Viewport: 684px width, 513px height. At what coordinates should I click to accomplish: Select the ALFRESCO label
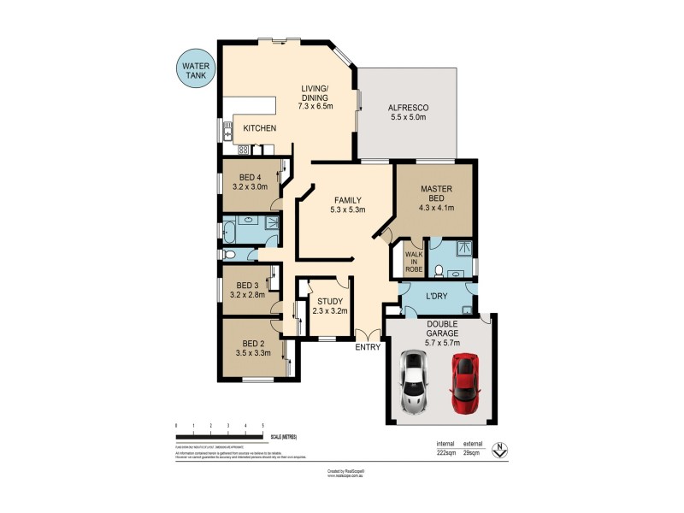[407, 108]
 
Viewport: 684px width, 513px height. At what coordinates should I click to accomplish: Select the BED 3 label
[247, 286]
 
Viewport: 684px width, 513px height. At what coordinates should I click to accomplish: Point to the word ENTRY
[368, 346]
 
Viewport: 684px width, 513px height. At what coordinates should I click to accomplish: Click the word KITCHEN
[259, 128]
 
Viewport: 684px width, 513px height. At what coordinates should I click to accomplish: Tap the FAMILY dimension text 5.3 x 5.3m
[348, 209]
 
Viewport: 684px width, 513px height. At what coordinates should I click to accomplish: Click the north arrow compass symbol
[504, 450]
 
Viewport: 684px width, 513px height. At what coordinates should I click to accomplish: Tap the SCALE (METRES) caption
[285, 438]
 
